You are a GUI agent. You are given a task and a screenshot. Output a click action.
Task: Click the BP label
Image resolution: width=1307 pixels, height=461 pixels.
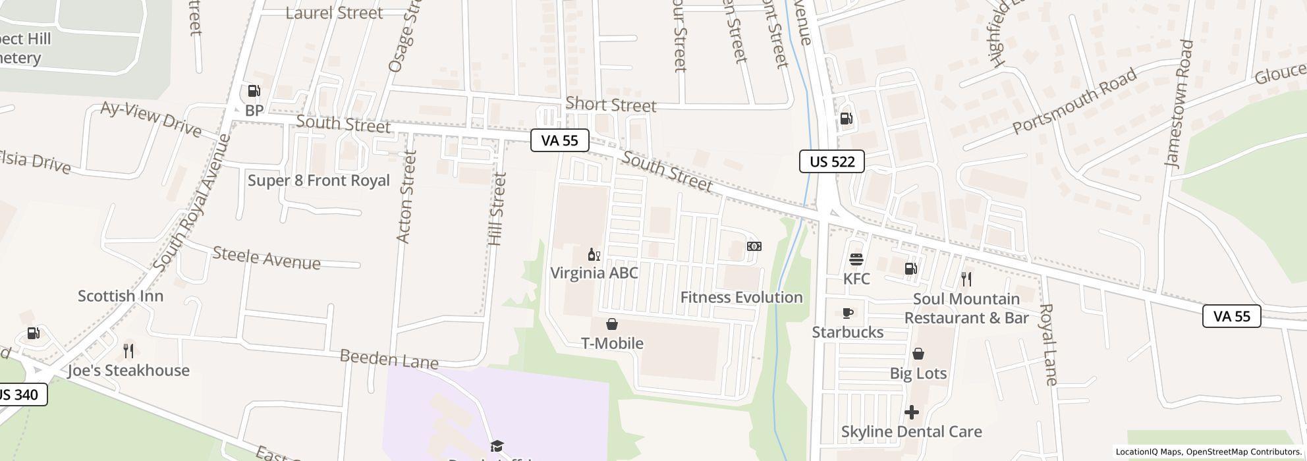pos(254,111)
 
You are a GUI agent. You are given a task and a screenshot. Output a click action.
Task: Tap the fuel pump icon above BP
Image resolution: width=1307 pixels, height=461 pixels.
pos(254,92)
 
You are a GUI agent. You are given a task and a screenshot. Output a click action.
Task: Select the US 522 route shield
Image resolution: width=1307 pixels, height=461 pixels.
pos(831,161)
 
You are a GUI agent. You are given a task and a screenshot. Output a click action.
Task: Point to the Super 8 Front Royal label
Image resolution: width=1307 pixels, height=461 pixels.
pos(318,180)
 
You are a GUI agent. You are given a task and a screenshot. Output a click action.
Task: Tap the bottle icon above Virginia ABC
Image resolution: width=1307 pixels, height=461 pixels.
pos(594,255)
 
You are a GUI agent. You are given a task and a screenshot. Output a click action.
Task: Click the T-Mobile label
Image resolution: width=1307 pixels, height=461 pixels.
pos(612,343)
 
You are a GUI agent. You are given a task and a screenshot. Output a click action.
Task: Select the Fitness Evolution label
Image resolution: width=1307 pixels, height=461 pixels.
pos(741,298)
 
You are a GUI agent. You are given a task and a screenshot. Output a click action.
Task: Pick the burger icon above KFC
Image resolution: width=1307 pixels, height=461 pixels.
pos(856,259)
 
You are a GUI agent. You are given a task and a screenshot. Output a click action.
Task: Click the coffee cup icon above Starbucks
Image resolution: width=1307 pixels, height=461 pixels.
pos(848,313)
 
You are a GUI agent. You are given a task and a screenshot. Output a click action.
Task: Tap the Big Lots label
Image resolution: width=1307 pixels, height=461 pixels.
pos(918,373)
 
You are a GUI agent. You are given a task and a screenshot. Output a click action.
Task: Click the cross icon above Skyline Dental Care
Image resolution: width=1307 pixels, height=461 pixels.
pos(911,412)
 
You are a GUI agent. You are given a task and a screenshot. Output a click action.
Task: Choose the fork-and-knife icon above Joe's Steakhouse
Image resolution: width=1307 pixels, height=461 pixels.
pos(128,350)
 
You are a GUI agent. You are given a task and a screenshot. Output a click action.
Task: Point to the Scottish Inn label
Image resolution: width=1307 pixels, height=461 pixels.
pos(121,296)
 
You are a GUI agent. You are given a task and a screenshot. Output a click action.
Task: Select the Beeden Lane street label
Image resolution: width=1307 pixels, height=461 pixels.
pos(389,360)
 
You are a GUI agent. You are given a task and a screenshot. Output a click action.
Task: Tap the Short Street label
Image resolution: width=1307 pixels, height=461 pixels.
pos(611,105)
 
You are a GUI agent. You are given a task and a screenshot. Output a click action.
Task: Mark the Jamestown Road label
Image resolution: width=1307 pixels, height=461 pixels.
pos(1179,104)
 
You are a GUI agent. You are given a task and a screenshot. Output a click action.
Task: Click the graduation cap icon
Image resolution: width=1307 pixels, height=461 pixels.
pos(497,447)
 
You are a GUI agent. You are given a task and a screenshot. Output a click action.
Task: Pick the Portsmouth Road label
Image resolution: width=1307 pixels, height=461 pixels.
pos(1074,100)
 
